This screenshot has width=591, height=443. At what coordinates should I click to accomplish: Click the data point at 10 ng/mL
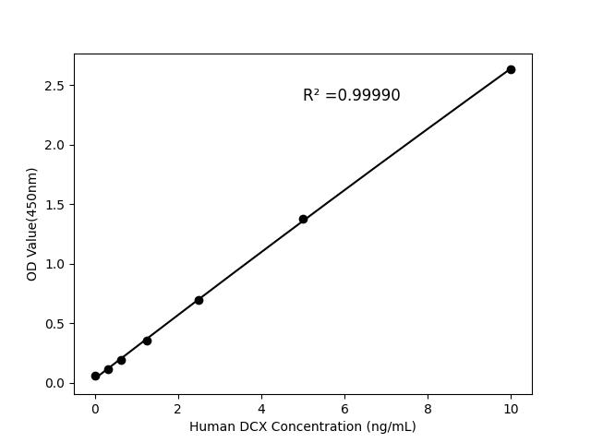pyautogui.click(x=511, y=69)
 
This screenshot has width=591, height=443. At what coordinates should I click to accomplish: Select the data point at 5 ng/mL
pyautogui.click(x=303, y=219)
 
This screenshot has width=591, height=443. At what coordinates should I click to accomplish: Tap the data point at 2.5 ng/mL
pyautogui.click(x=199, y=300)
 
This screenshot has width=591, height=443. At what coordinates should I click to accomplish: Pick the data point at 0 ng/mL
pyautogui.click(x=95, y=376)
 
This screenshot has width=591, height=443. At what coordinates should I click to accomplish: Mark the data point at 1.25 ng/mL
pyautogui.click(x=147, y=341)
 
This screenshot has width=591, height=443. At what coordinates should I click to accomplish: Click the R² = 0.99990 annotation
pyautogui.click(x=351, y=95)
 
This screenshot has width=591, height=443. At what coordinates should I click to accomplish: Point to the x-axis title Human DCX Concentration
pyautogui.click(x=302, y=426)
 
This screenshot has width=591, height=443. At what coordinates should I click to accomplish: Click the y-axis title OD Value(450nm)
pyautogui.click(x=32, y=224)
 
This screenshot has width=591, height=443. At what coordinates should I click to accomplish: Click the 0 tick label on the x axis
pyautogui.click(x=95, y=408)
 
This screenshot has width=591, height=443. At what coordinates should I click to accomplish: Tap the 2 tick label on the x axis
pyautogui.click(x=178, y=408)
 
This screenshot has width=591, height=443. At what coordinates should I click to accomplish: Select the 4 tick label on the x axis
pyautogui.click(x=261, y=408)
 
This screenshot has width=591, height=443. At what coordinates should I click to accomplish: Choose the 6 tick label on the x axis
pyautogui.click(x=344, y=408)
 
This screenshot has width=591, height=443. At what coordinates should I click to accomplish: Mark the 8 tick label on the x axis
pyautogui.click(x=428, y=408)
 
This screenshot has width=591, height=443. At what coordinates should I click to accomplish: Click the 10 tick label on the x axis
pyautogui.click(x=511, y=408)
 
